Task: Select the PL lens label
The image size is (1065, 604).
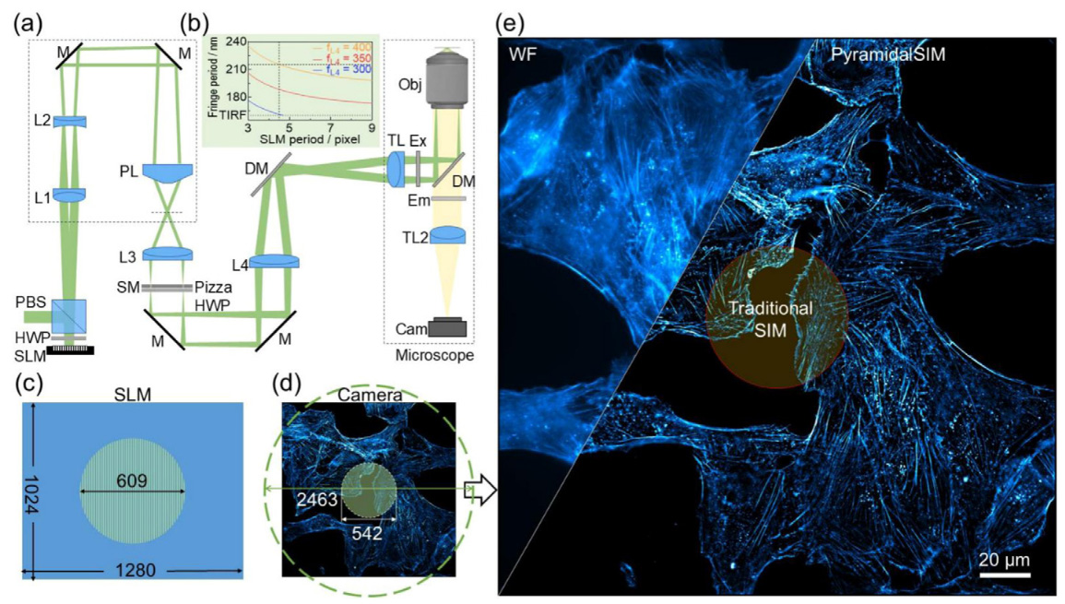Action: [x=129, y=171]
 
